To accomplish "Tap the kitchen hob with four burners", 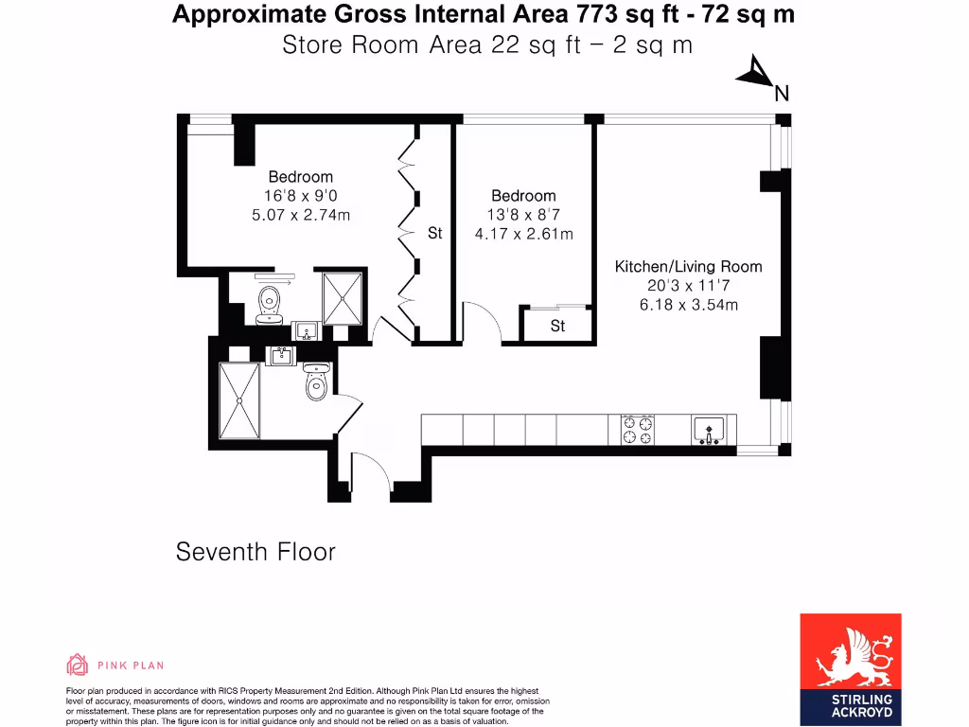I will coord(637,431).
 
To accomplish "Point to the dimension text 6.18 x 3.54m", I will coord(688,305).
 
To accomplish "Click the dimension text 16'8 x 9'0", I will coord(300,196).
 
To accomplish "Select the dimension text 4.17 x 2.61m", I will coord(523,234).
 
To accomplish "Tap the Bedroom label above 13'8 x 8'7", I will coord(523,196).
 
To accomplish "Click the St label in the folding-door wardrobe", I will coord(434,233).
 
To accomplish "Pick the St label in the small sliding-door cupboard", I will coord(557,326).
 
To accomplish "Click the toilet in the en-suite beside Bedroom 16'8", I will coord(272,303).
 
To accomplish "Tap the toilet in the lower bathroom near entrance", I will coord(316,383).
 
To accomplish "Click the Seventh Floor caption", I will coord(255,552).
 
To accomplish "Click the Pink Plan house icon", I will coord(78,665).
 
